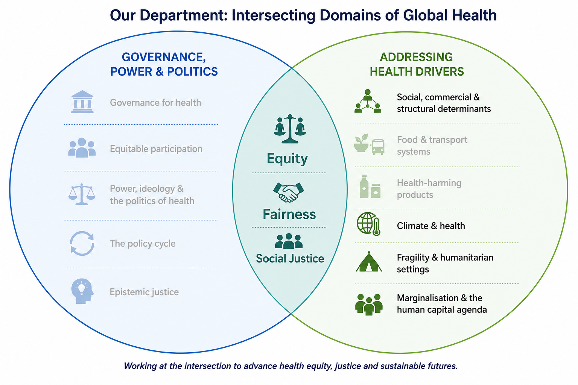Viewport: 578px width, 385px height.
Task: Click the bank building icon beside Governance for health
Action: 82,102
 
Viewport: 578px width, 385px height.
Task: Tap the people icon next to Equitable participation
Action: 82,147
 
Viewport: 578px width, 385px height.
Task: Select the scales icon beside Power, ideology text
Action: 82,194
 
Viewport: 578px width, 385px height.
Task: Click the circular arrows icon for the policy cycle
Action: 82,243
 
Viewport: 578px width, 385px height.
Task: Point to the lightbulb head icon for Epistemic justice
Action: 82,291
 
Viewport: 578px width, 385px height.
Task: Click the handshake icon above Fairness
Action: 289,192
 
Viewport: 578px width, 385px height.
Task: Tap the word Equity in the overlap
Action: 287,158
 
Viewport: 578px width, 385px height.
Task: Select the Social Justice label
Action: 290,259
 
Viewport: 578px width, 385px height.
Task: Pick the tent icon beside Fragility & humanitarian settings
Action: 369,262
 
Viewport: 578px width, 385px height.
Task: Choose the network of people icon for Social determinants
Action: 368,101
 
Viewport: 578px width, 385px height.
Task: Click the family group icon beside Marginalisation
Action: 369,304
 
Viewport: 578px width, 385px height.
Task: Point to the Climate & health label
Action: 431,226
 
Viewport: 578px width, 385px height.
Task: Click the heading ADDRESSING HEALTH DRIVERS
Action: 417,64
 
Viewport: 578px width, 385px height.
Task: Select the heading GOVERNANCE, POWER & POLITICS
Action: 164,64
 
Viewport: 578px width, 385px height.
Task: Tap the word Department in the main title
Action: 184,15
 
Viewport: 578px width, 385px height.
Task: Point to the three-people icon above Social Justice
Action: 289,241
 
